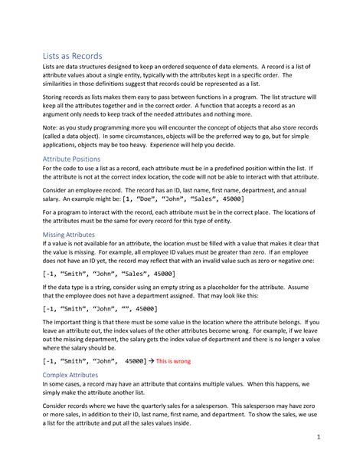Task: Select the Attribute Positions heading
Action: [x=71, y=159]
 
